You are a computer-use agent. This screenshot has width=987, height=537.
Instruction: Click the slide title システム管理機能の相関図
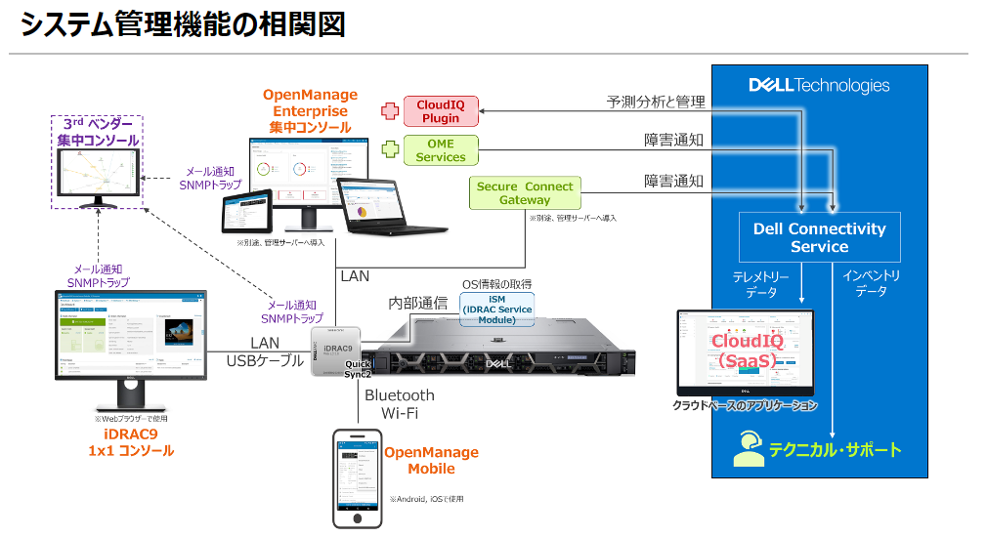pos(183,24)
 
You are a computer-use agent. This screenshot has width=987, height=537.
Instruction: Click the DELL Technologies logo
pos(819,86)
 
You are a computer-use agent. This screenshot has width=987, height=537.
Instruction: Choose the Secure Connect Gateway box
pos(525,192)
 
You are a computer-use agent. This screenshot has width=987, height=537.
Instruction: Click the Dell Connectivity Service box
pos(819,237)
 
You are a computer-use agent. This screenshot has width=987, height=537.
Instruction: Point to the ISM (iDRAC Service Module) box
pos(496,310)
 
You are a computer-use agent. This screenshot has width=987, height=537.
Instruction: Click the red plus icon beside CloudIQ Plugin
pos(390,111)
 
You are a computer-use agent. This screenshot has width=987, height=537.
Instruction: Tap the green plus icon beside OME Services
pos(390,150)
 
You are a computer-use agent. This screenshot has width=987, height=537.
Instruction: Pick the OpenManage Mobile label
pos(431,460)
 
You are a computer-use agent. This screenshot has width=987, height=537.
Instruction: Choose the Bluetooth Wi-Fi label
pos(399,404)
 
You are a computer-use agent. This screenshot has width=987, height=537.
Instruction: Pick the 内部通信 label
pos(417,303)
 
